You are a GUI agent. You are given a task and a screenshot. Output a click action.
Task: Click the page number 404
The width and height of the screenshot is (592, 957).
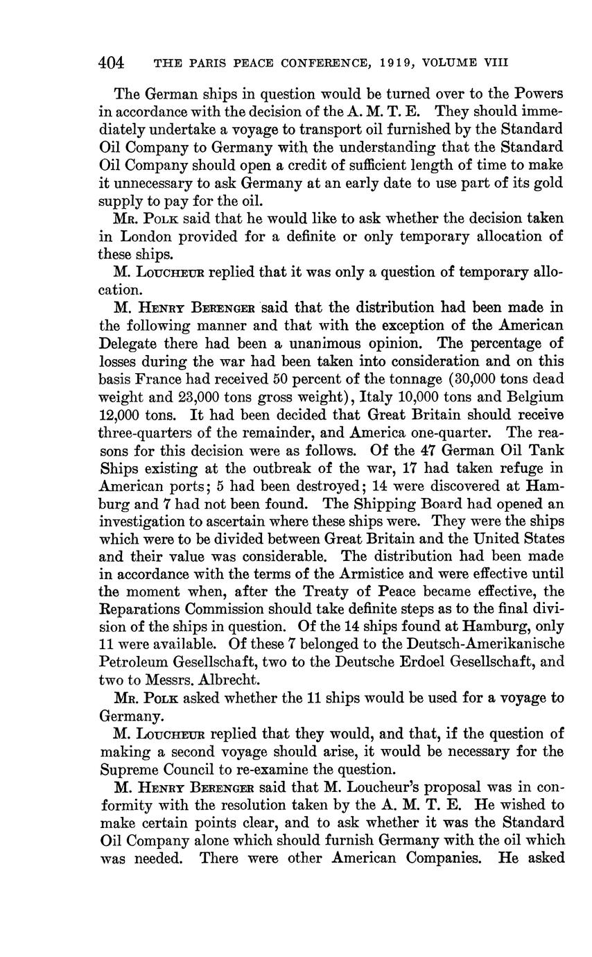pyautogui.click(x=111, y=63)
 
